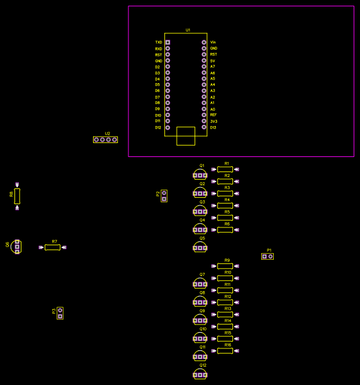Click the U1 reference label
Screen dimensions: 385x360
pos(188,30)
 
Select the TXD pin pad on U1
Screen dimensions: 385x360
pos(167,42)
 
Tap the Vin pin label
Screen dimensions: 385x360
pos(213,42)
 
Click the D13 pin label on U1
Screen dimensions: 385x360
pos(213,127)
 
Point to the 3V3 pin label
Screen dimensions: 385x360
pos(213,121)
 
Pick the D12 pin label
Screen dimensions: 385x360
pos(158,127)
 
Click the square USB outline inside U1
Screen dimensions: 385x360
pos(186,135)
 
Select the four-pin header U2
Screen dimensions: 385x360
pos(105,139)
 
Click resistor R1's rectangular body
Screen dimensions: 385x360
pos(225,169)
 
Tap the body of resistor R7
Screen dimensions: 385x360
pos(52,247)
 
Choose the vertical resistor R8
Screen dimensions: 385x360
pos(17,195)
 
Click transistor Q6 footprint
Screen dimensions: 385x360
pos(17,246)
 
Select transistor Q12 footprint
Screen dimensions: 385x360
pos(200,374)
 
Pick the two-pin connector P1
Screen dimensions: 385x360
pos(267,256)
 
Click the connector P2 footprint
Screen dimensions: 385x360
pos(164,196)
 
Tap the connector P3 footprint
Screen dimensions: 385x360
pos(60,313)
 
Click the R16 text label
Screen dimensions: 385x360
pos(227,345)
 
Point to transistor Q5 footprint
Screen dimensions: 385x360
pos(200,247)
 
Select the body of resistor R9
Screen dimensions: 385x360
pos(225,266)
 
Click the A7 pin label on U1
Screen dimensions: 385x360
pos(213,66)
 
